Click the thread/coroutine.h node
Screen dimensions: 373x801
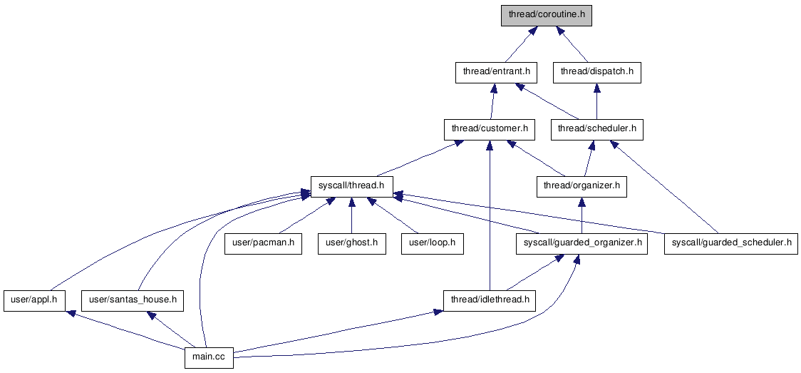[x=547, y=14]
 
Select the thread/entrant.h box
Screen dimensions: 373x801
[x=497, y=72]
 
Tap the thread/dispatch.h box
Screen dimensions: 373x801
[x=596, y=72]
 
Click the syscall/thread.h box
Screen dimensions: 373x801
[x=351, y=186]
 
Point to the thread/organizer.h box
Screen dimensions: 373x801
[x=582, y=186]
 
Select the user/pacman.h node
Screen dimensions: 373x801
[x=262, y=243]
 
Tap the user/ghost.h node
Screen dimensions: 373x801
[x=351, y=243]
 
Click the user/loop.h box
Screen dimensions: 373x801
[x=433, y=243]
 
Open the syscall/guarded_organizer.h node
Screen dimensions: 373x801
[x=582, y=243]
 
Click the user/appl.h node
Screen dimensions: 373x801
[x=35, y=300]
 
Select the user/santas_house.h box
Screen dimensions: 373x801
[x=132, y=300]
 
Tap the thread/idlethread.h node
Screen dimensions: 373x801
[x=490, y=300]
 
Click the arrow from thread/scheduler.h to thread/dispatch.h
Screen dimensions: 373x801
[x=597, y=101]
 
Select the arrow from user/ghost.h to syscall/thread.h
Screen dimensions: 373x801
[x=351, y=215]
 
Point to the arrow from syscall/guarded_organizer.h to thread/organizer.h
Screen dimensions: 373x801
[x=582, y=215]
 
